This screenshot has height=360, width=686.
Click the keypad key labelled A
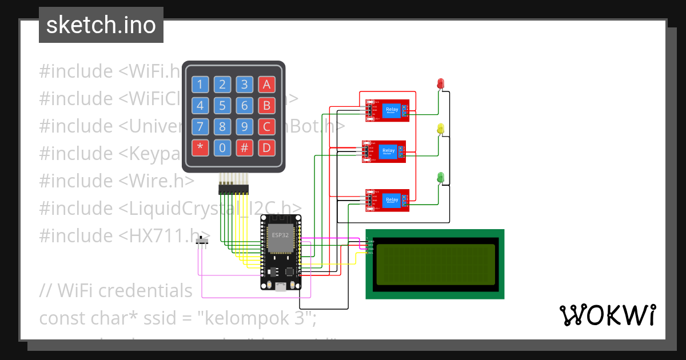[x=266, y=85]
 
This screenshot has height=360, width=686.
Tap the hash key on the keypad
[x=244, y=148]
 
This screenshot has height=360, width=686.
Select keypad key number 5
[x=222, y=106]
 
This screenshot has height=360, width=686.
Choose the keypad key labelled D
[x=266, y=148]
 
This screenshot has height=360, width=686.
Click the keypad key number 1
[x=200, y=85]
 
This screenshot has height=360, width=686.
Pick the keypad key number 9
[x=244, y=127]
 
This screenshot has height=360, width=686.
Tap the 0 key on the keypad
[x=222, y=148]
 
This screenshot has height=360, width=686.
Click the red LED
[x=440, y=83]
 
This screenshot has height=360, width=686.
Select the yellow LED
[x=440, y=129]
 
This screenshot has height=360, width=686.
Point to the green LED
[x=440, y=178]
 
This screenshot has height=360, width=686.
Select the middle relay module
[x=384, y=151]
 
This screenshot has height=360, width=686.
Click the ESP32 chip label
[x=281, y=234]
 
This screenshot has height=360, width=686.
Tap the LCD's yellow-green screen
[x=435, y=265]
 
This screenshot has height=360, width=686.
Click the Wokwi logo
[x=607, y=315]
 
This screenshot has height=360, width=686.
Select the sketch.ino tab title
[x=101, y=25]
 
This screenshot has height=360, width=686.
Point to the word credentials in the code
[x=145, y=290]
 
